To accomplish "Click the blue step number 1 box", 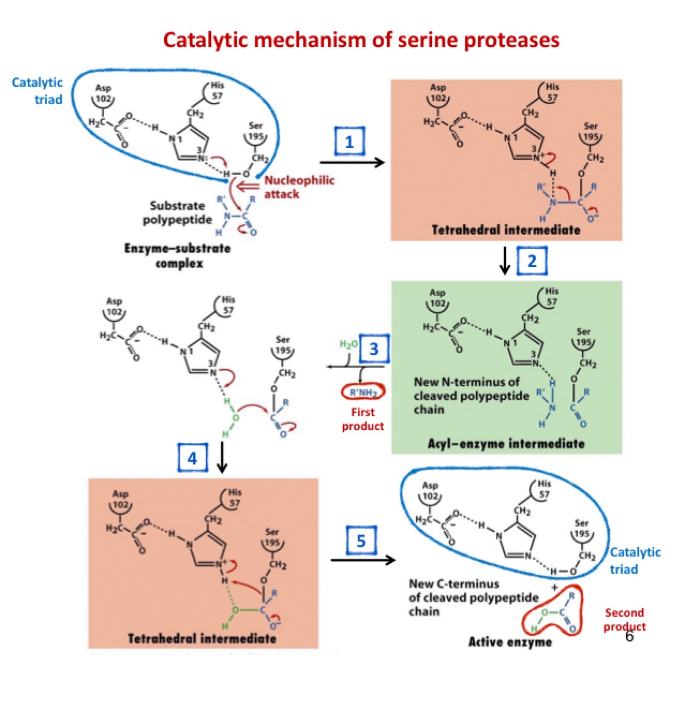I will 349,141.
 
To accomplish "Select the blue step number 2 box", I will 532,261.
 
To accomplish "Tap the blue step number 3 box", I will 374,349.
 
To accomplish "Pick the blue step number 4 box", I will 193,458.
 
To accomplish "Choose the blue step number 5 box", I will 361,541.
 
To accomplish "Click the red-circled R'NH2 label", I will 363,392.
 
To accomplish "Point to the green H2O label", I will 348,344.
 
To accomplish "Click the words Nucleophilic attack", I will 299,187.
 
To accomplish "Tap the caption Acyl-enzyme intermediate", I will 506,444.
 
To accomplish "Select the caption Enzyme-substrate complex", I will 178,256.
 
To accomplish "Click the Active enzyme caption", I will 510,642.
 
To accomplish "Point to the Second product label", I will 624,619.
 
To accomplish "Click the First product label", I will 363,419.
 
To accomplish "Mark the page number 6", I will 629,636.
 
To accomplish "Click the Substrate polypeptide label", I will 177,213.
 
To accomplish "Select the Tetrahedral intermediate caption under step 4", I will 202,639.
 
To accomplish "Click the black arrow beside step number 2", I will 505,261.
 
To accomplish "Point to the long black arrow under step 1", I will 352,163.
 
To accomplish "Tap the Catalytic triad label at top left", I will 37,91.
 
